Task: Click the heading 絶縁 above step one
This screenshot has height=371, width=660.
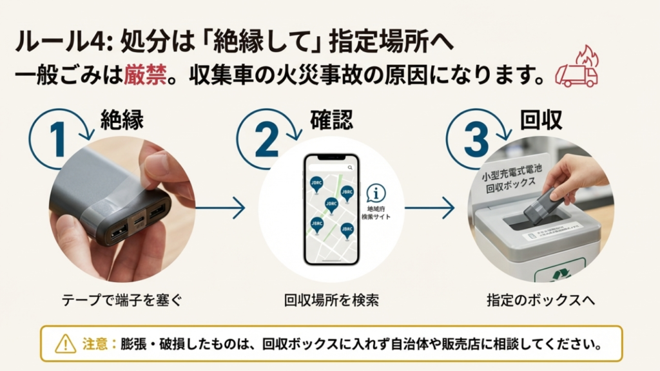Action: [x=122, y=119]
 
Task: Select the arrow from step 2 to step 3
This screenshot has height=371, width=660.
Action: [x=430, y=208]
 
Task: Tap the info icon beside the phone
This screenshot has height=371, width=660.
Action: [x=376, y=193]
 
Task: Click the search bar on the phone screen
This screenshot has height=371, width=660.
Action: [x=331, y=167]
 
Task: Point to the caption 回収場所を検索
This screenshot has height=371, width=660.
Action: [x=331, y=300]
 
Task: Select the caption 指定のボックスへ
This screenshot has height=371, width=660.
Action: [x=540, y=300]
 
